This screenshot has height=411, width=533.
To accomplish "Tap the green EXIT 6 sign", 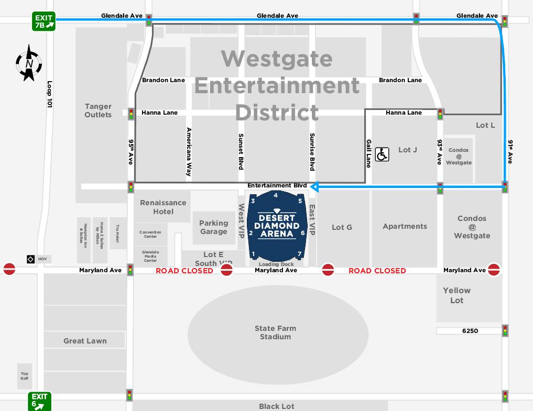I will pos(40,401).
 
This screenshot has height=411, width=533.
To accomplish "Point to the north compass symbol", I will pos(29,63).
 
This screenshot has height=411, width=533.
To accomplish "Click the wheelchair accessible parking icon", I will pos(382,154).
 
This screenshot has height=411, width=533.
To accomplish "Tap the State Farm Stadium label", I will pos(275,332).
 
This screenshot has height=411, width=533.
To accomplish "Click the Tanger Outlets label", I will pos(98,110).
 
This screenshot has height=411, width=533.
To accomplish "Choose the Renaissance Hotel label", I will pos(163,207).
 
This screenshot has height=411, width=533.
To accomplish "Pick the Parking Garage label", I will pos(213,227).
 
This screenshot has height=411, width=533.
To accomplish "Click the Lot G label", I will pos(342,227).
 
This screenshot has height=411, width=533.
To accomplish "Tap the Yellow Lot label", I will pos(456,295).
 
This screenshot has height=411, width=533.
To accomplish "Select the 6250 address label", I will pos(470,331).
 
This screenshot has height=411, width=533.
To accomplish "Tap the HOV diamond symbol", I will pos(30,259).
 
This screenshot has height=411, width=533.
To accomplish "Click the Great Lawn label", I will pos(85,341).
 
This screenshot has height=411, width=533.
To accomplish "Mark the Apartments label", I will pos(405,226).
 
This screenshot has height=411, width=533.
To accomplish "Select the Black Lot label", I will pos(276,406).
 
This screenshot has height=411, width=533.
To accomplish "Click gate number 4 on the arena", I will pos(276,195).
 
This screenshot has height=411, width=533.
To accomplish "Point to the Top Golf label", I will pos(25,376).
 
